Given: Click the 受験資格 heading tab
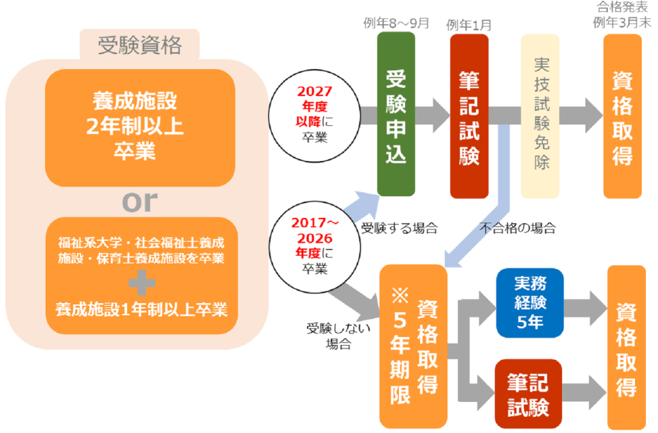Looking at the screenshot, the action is click(x=139, y=46).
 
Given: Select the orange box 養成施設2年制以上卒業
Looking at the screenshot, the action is click(x=139, y=127).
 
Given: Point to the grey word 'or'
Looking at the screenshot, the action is click(x=139, y=201).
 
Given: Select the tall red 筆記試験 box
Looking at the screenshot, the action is click(x=469, y=116).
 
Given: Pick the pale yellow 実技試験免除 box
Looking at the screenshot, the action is click(x=540, y=116).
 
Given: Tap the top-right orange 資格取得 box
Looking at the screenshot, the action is click(x=622, y=116).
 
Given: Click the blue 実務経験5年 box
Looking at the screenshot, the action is click(x=530, y=302).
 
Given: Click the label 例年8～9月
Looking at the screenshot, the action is click(x=396, y=23).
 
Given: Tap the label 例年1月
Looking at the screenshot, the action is click(x=469, y=25).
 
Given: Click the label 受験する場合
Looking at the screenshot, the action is click(x=399, y=228).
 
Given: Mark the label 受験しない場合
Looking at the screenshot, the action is click(x=328, y=336).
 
